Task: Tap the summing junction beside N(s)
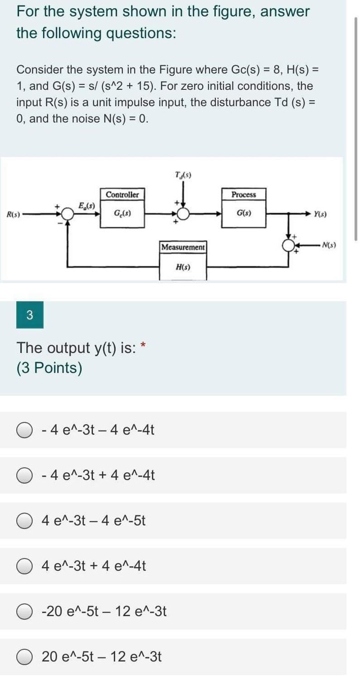click(288, 246)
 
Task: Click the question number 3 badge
click(30, 315)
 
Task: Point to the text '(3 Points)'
click(49, 368)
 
